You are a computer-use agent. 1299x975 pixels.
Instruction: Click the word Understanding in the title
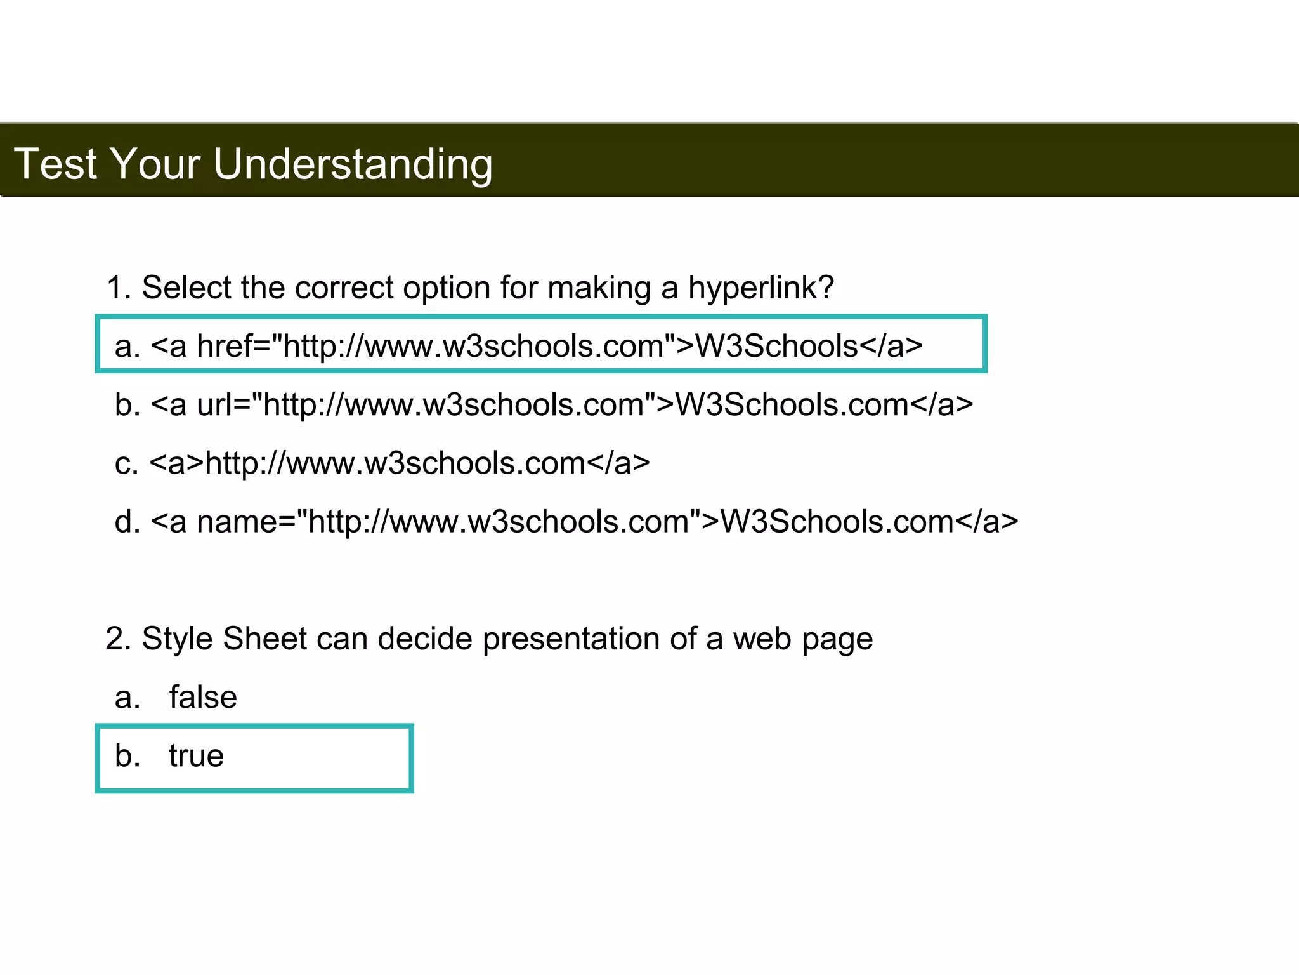(353, 164)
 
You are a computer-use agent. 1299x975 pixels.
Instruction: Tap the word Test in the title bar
(55, 163)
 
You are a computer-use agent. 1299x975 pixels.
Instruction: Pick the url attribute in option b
(223, 405)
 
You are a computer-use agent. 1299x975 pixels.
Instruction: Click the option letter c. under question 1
(126, 463)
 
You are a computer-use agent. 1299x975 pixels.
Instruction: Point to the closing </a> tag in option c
(618, 463)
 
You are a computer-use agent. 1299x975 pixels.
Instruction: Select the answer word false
(203, 697)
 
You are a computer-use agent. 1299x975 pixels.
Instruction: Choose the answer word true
(196, 756)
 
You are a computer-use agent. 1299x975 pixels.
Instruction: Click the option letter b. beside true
(127, 756)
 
